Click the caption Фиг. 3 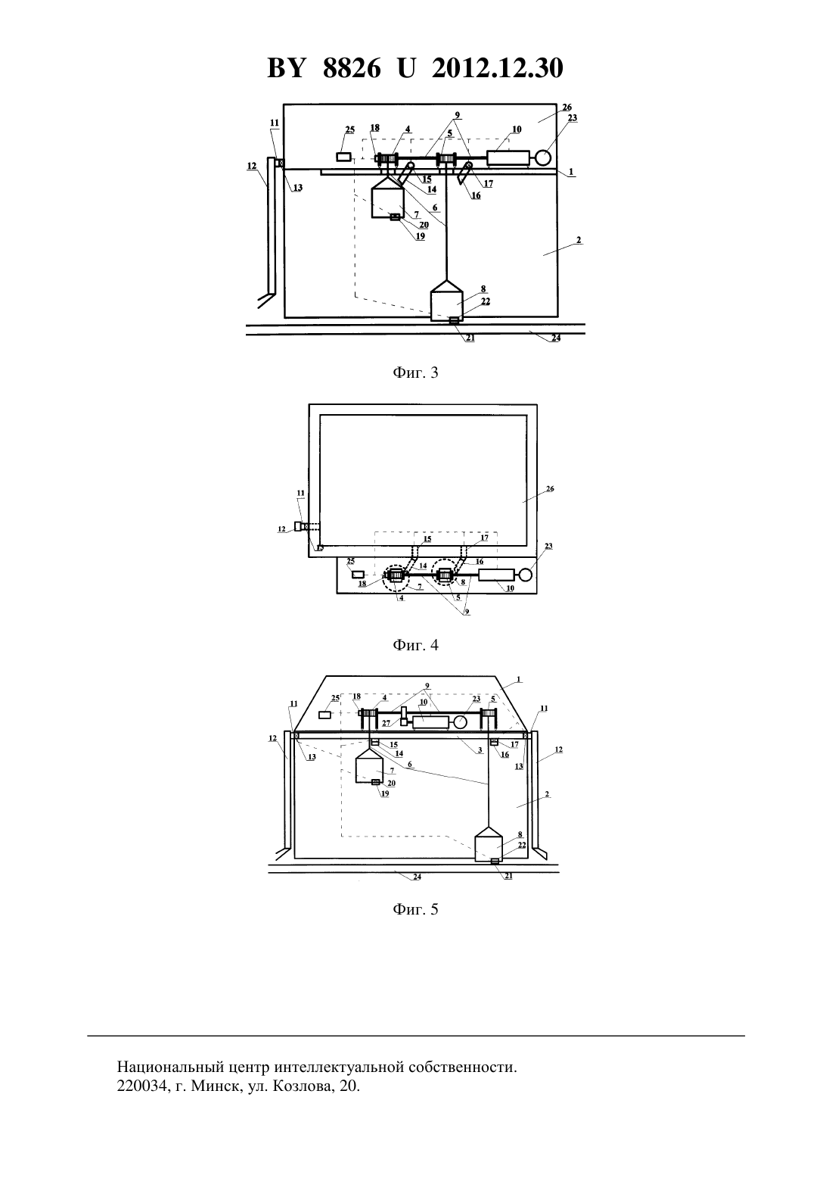click(x=415, y=373)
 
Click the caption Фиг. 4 click(x=415, y=645)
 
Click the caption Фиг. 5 click(x=415, y=908)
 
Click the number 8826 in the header click(x=352, y=68)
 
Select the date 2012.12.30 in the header click(x=498, y=68)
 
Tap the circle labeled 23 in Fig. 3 click(x=542, y=157)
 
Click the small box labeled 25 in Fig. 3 click(x=343, y=157)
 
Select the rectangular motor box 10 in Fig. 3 click(x=508, y=157)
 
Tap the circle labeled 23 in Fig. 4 click(x=525, y=575)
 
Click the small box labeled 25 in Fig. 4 click(x=359, y=575)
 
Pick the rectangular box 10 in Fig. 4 click(x=498, y=575)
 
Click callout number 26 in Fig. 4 click(x=550, y=488)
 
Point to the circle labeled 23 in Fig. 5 click(x=460, y=721)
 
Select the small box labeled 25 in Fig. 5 click(x=325, y=715)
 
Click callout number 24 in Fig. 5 click(x=417, y=877)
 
